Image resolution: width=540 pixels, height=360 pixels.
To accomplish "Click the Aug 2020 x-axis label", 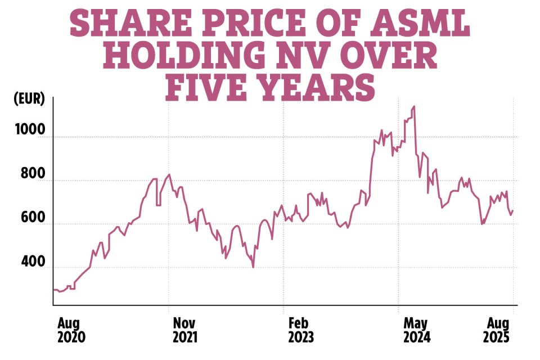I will pyautogui.click(x=71, y=330).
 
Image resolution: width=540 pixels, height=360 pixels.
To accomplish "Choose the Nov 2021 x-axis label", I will pyautogui.click(x=184, y=330).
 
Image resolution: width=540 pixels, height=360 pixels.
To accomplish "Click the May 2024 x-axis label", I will pyautogui.click(x=416, y=330).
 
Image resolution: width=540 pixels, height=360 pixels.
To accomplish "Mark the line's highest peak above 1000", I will pyautogui.click(x=414, y=106).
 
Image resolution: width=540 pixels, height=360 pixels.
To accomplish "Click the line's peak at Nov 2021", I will pyautogui.click(x=169, y=174).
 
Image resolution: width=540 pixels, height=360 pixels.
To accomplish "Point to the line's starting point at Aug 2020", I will pyautogui.click(x=54, y=290).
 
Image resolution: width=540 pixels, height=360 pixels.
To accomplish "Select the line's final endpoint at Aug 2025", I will pyautogui.click(x=513, y=210).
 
